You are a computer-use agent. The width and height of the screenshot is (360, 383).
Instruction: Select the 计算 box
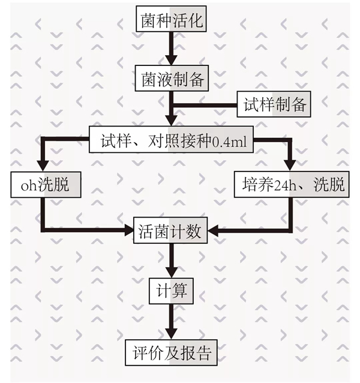click(172, 291)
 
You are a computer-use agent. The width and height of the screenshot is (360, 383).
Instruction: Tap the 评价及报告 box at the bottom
click(171, 352)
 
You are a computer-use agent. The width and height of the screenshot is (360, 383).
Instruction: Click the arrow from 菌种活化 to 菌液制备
click(172, 50)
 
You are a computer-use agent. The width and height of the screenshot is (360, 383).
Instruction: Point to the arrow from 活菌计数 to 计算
click(172, 261)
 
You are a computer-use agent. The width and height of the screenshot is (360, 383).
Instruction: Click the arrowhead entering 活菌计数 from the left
click(128, 229)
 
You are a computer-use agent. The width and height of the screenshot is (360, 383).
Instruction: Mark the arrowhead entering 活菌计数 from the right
click(215, 229)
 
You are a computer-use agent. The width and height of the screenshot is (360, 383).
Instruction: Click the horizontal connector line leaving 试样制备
click(204, 105)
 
